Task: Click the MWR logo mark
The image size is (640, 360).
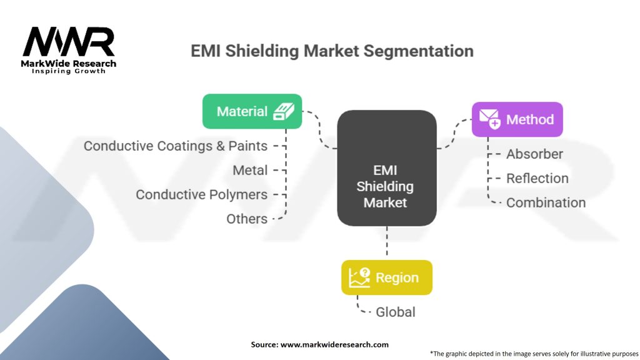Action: [x=69, y=42]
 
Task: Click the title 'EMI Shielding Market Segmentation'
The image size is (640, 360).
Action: [x=332, y=51]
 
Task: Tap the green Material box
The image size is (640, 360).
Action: [x=252, y=112]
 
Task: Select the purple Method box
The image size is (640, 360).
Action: [x=517, y=119]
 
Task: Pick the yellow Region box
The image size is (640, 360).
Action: [x=386, y=277]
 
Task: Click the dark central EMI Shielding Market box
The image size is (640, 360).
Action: [x=386, y=168]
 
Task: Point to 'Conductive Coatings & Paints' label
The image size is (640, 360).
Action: [x=176, y=146]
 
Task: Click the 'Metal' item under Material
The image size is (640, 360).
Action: [x=250, y=171]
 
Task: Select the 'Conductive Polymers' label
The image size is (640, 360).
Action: [x=201, y=195]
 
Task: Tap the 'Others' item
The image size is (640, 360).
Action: [x=247, y=219]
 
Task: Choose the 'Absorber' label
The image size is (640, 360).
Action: [x=534, y=154]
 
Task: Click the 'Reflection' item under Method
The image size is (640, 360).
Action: [x=537, y=179]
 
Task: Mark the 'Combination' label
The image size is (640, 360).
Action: [x=546, y=203]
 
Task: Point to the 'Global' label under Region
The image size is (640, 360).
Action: [x=395, y=312]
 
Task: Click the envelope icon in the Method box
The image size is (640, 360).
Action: [x=489, y=119]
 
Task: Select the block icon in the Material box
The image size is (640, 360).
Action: [x=284, y=112]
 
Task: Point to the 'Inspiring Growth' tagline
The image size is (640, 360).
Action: [x=69, y=71]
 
